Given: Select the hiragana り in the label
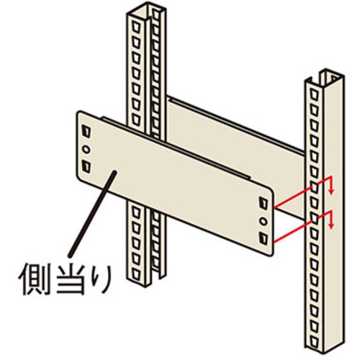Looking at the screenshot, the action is coord(103,279).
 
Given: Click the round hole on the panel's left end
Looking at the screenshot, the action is coord(86,149).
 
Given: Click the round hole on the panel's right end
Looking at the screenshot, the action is coord(264,221).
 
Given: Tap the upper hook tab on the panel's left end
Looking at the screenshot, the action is coord(86,131).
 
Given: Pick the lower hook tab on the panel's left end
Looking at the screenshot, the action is coord(86,166).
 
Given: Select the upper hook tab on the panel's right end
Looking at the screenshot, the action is coord(264,203).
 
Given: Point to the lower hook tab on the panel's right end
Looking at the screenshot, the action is coord(264,238).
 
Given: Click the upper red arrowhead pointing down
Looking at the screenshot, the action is coord(331,192).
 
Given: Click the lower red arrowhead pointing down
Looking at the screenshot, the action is coord(331,226).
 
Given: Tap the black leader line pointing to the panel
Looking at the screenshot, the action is coord(91,214).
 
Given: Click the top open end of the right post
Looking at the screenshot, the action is coord(326,78).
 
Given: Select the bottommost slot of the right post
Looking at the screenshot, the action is coord(314,340).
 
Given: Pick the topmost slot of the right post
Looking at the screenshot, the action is coord(314,94).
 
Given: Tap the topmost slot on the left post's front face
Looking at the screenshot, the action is coord(136,27).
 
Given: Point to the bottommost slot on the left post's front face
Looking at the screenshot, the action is coord(136,274).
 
